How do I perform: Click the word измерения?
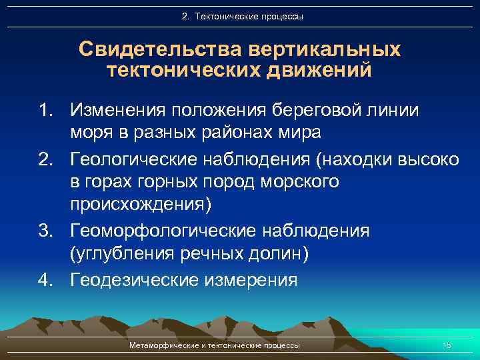[249, 279]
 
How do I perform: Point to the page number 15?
[447, 345]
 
